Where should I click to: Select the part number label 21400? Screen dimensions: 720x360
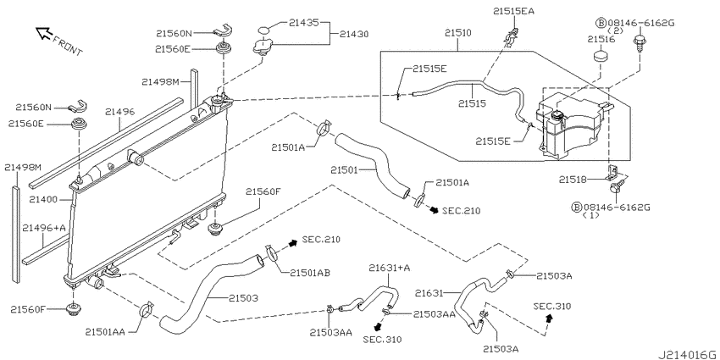click(42, 200)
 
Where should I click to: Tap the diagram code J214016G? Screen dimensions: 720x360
click(687, 355)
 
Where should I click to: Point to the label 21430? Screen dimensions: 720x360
click(354, 34)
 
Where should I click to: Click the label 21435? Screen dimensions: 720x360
click(303, 21)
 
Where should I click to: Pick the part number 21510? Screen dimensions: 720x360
click(457, 33)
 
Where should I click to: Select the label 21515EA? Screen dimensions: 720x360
click(514, 11)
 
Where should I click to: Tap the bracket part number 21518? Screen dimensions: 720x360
click(573, 180)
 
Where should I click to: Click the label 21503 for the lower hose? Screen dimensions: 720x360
click(243, 298)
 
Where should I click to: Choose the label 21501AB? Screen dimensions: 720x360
click(310, 273)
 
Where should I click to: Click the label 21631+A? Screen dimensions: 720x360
click(390, 268)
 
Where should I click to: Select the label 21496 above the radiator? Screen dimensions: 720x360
click(119, 112)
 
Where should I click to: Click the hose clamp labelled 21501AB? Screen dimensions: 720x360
click(272, 253)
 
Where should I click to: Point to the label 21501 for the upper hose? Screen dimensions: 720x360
click(345, 170)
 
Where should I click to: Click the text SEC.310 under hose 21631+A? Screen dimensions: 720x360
click(382, 340)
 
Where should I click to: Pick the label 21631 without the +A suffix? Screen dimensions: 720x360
click(429, 292)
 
